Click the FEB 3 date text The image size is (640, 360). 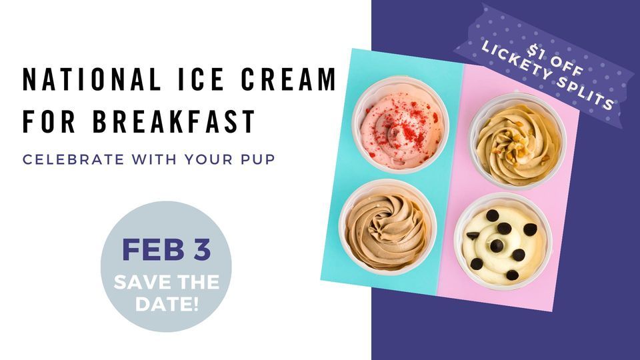pyautogui.click(x=166, y=249)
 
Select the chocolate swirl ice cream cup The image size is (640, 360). pyautogui.click(x=387, y=226)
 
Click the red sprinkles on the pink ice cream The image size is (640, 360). pyautogui.click(x=400, y=113)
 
